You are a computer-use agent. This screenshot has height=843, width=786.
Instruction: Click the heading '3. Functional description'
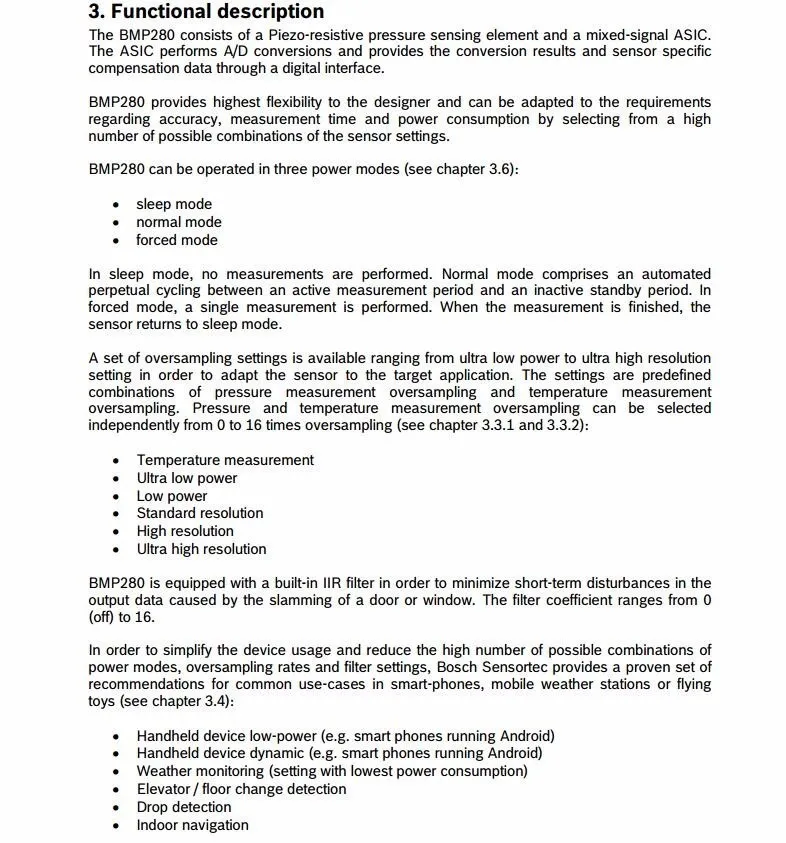(206, 12)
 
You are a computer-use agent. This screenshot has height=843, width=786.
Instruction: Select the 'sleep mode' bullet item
(174, 204)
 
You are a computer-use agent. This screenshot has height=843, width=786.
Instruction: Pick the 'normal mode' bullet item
(179, 222)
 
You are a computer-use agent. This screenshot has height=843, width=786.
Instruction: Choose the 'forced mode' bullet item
(177, 240)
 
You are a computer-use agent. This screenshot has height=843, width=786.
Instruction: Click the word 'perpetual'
(119, 291)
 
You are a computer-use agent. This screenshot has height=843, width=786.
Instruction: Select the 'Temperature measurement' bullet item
(225, 460)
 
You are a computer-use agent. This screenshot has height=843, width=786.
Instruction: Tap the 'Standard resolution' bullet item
(200, 513)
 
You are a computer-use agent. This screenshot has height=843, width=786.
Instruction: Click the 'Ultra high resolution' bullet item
(202, 549)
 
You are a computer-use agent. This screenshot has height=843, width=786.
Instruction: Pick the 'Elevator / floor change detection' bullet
(242, 789)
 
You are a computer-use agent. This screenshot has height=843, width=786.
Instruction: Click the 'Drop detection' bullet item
(184, 807)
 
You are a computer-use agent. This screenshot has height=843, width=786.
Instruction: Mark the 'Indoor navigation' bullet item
(193, 825)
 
